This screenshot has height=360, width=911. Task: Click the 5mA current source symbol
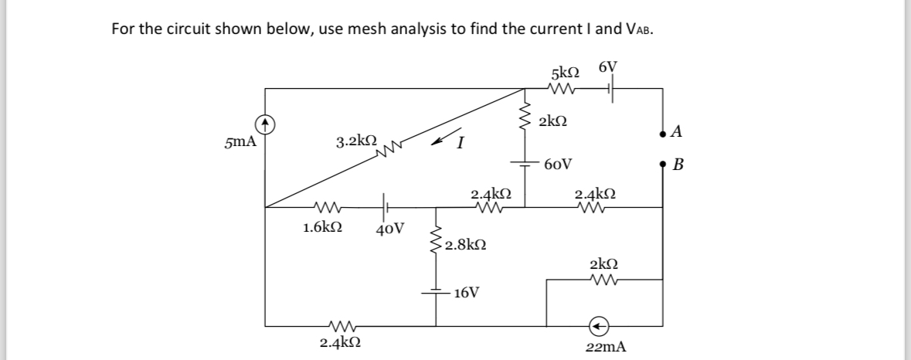point(265,123)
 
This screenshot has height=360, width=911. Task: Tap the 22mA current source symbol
point(600,324)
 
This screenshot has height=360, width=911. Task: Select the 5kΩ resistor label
point(566,73)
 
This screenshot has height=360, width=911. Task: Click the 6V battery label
point(608,67)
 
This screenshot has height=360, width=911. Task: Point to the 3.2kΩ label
point(356,142)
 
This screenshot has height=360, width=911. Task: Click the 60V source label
point(558,164)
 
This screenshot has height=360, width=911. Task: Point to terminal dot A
point(663,133)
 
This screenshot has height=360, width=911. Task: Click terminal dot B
point(663,165)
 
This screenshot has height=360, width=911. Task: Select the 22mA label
point(606,348)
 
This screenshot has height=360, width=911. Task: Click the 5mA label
point(240,142)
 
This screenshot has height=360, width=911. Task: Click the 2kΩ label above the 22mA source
point(604,263)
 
